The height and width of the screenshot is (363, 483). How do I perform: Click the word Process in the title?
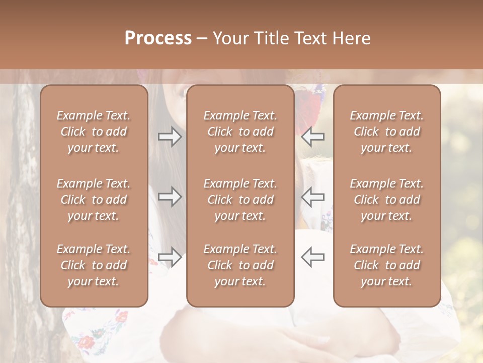pyautogui.click(x=158, y=38)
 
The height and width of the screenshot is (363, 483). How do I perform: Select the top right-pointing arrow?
pyautogui.click(x=170, y=137)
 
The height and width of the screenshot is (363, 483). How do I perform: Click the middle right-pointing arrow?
pyautogui.click(x=170, y=197)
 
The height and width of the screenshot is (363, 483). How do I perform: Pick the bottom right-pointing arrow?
pyautogui.click(x=170, y=257)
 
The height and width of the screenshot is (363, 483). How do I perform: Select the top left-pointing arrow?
pyautogui.click(x=312, y=137)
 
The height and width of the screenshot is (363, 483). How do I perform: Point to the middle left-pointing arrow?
pyautogui.click(x=312, y=197)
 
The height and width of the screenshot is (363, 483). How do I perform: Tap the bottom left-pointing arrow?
pyautogui.click(x=312, y=257)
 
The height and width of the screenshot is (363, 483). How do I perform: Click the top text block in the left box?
pyautogui.click(x=94, y=132)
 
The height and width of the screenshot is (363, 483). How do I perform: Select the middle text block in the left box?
pyautogui.click(x=94, y=200)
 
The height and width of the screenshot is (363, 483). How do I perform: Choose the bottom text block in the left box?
pyautogui.click(x=94, y=265)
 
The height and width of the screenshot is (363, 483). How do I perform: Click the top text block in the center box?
pyautogui.click(x=240, y=132)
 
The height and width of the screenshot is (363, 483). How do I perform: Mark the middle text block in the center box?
pyautogui.click(x=240, y=200)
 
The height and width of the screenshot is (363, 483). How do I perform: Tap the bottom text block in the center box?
pyautogui.click(x=240, y=265)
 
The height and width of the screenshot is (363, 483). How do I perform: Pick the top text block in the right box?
pyautogui.click(x=386, y=132)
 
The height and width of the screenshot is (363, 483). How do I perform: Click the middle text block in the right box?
pyautogui.click(x=386, y=200)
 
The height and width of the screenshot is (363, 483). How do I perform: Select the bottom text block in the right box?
pyautogui.click(x=386, y=265)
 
